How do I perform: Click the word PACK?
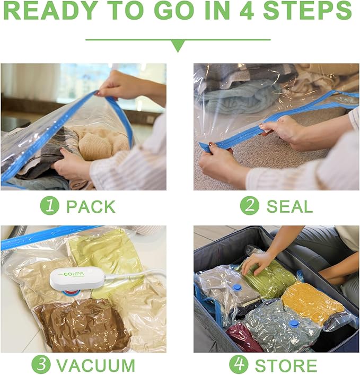click(90, 207)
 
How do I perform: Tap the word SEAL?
click(289, 207)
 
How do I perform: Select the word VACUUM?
click(95, 365)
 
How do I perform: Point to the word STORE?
click(285, 365)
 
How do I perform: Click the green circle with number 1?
click(50, 206)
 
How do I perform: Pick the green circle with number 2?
click(249, 206)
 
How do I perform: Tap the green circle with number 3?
click(41, 365)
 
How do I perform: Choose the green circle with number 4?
click(239, 365)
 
